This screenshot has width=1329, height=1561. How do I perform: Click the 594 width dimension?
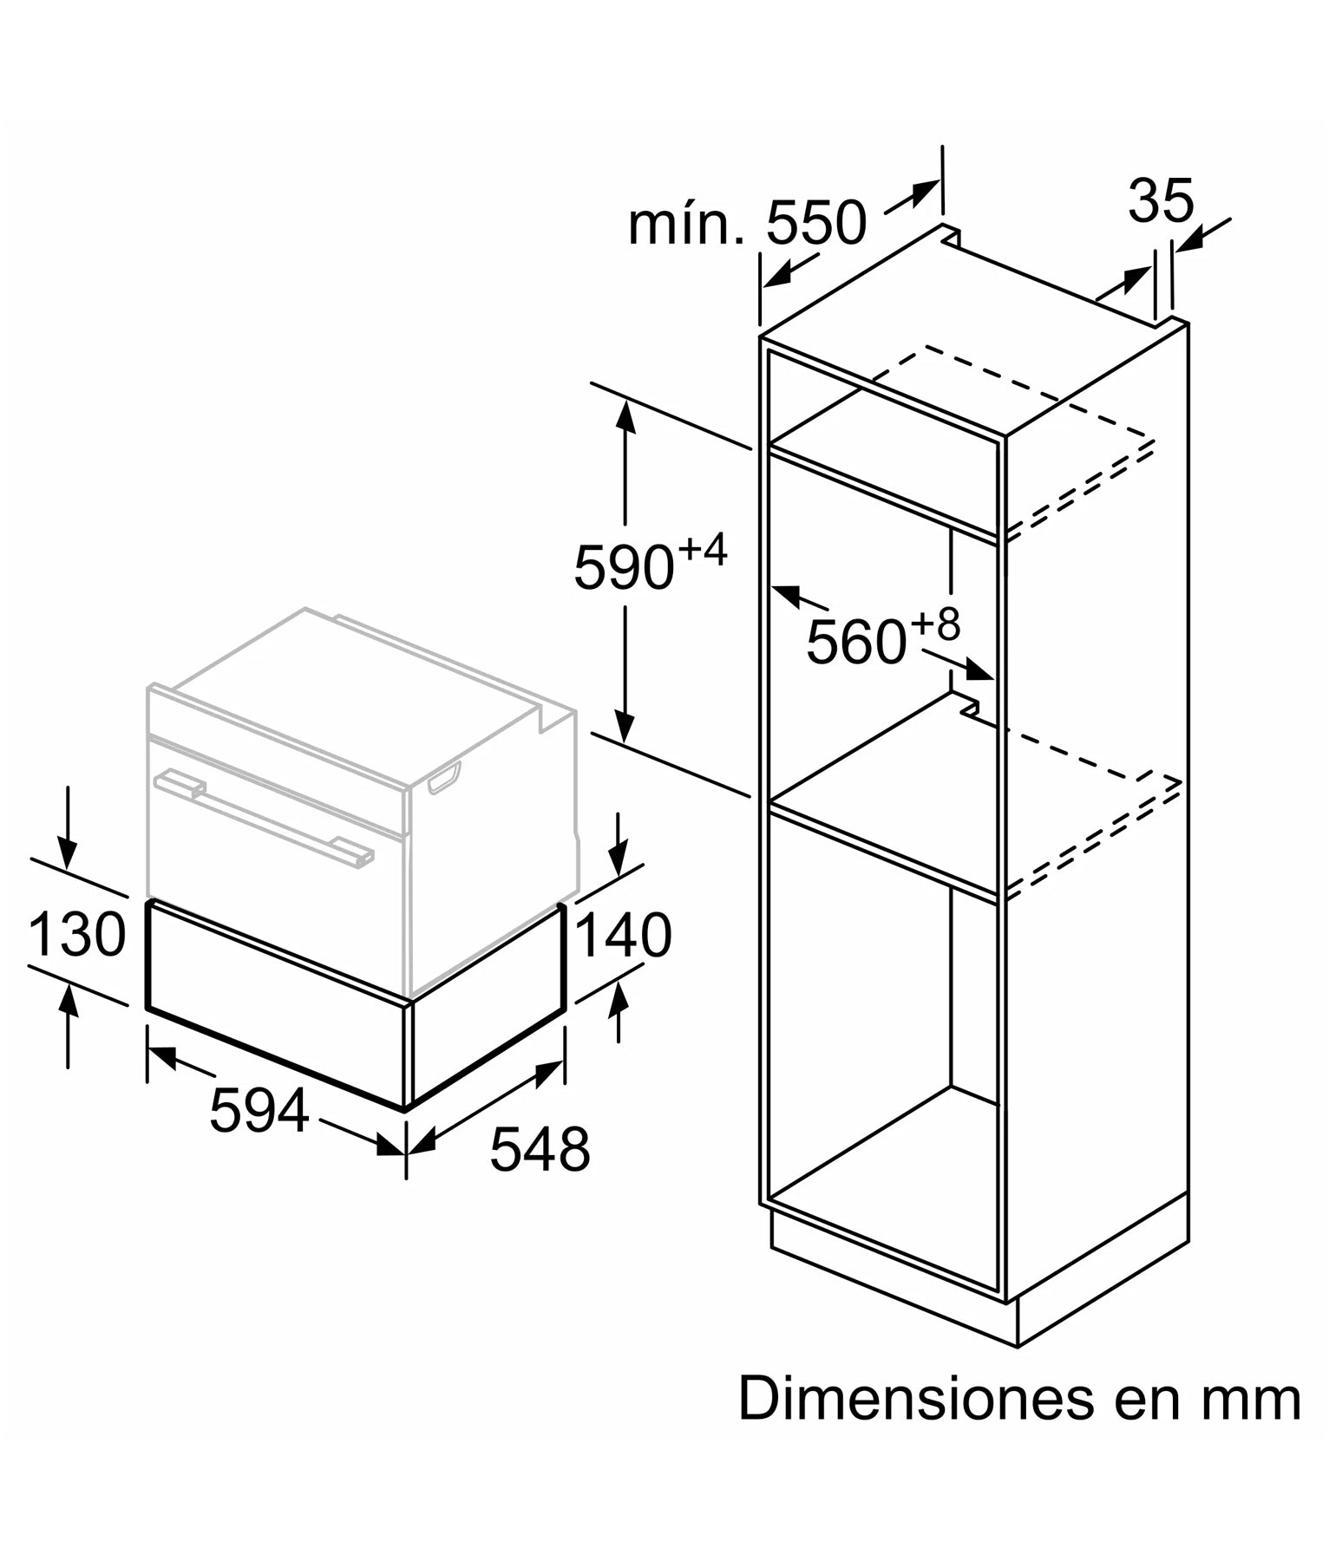click(x=259, y=1110)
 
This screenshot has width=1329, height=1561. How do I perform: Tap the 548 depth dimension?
click(x=540, y=1149)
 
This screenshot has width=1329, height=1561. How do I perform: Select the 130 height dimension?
click(x=76, y=936)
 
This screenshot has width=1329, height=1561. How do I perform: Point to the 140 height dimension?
click(x=622, y=936)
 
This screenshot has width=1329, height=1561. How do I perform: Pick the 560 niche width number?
click(x=855, y=643)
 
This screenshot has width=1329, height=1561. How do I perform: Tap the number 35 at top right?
click(x=1161, y=202)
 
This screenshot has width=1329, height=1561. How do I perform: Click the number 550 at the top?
click(x=815, y=224)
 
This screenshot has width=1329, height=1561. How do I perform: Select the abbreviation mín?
click(x=685, y=224)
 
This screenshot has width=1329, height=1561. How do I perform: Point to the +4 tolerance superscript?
click(x=702, y=551)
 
